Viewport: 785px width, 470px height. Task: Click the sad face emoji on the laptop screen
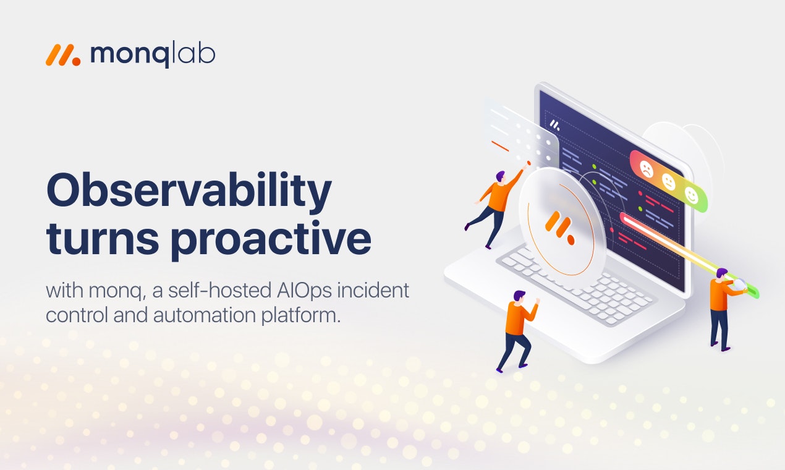646,168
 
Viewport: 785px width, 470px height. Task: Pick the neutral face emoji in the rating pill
669,182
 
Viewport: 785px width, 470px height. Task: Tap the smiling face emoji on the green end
691,196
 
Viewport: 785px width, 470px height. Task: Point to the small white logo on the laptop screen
555,125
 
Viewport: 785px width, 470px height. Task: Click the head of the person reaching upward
500,176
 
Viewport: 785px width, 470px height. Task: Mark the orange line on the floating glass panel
500,146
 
